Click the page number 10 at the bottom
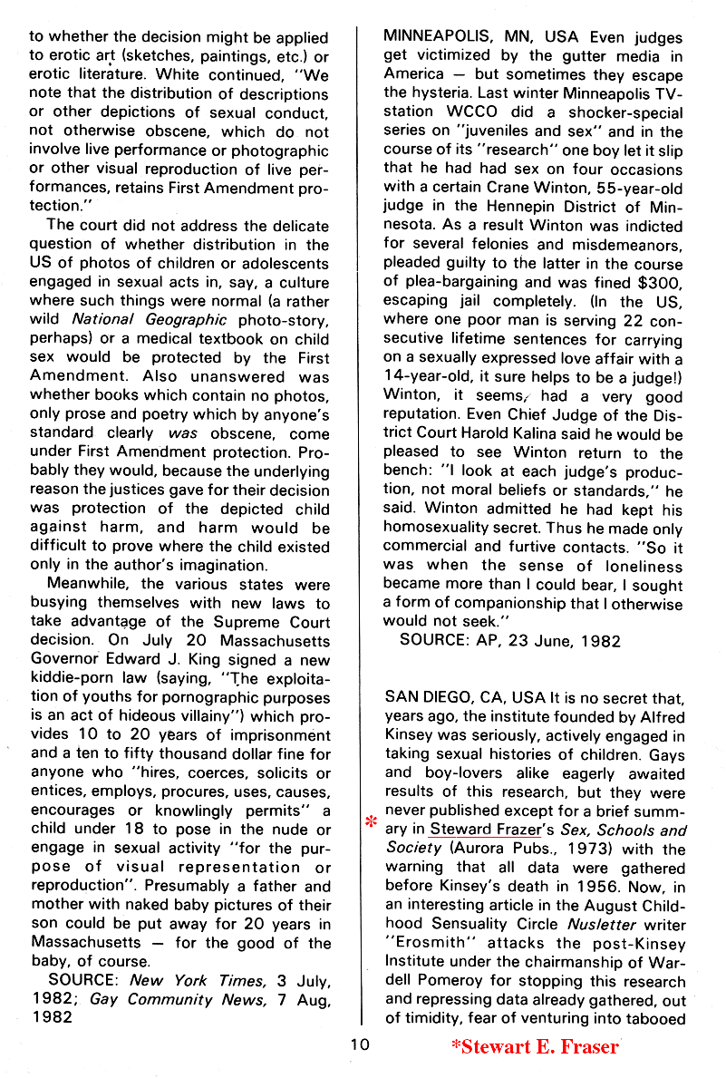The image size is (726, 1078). tap(361, 1045)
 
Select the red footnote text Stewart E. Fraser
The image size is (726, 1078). tap(535, 1047)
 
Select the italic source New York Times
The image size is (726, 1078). tap(179, 979)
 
